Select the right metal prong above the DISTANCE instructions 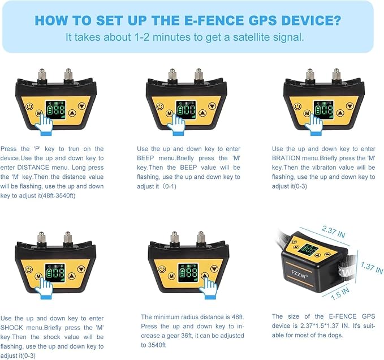tap(68, 74)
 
